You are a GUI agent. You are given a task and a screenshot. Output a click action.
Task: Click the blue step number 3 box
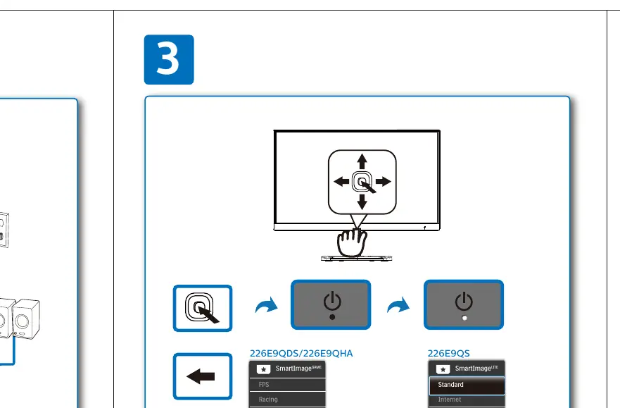(169, 59)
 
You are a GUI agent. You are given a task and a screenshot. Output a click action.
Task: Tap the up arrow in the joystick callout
(362, 161)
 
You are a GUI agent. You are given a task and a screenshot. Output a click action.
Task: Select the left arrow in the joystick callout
(341, 182)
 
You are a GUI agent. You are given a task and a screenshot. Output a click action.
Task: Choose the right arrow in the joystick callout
(383, 182)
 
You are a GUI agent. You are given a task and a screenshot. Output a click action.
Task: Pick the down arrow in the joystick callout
(362, 202)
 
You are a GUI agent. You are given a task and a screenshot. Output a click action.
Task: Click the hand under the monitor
(351, 242)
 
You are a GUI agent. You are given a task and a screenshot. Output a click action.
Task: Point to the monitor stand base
(357, 258)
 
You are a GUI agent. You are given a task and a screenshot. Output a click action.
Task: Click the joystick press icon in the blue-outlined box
(202, 308)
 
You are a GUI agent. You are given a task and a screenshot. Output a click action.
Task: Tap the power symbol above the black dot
(332, 301)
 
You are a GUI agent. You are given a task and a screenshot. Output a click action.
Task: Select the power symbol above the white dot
(464, 301)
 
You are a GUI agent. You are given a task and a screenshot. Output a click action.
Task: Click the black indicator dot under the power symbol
(332, 317)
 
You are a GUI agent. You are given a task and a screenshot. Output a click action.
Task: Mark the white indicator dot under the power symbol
(464, 318)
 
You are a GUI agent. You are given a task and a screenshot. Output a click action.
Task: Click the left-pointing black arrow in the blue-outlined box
(201, 376)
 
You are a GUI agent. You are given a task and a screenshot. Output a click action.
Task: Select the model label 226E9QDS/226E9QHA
(301, 354)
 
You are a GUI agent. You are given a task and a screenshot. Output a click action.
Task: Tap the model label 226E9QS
(449, 354)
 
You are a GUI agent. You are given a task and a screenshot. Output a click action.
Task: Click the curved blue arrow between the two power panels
(398, 305)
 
